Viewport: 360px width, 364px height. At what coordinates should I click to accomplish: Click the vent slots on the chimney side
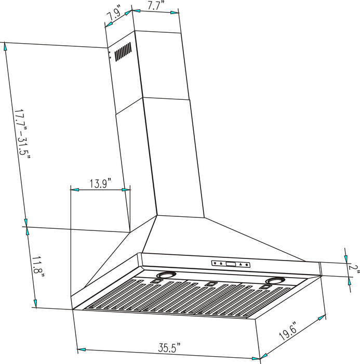(x=122, y=53)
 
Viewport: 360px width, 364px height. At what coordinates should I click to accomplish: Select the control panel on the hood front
(x=231, y=264)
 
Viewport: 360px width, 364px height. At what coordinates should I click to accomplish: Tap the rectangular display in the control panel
(x=231, y=264)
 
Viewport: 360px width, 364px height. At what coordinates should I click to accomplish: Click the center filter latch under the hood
(x=210, y=284)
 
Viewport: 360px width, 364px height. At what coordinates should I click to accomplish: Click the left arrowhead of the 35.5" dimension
(x=81, y=349)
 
